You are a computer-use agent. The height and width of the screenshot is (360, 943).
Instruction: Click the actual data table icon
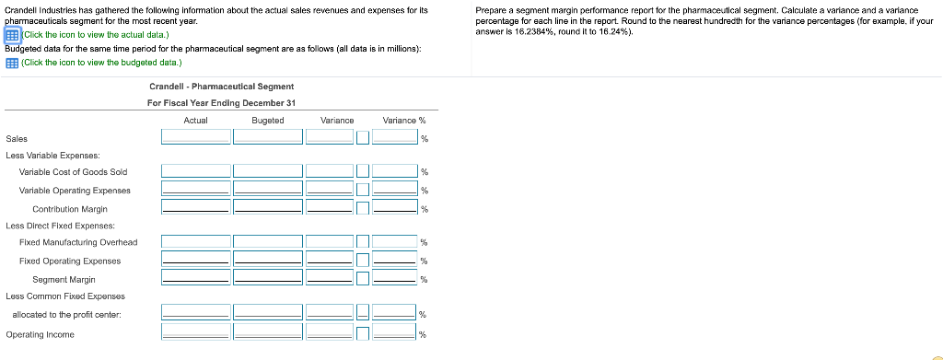(13, 35)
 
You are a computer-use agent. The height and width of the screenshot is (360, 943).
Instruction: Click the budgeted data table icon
(11, 63)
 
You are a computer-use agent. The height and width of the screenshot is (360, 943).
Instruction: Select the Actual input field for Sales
(196, 137)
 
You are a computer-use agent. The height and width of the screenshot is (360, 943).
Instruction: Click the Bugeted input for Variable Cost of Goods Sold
(268, 171)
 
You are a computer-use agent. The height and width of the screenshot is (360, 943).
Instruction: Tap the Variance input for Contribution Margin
(330, 208)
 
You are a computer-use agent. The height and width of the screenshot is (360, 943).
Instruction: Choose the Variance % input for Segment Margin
(394, 278)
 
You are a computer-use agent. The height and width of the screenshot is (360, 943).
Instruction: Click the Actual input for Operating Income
(196, 332)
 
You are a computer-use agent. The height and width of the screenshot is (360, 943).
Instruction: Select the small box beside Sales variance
(362, 138)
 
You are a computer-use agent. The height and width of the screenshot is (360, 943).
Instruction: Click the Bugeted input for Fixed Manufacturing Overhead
(268, 241)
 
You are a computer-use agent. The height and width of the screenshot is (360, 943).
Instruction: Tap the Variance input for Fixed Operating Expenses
(330, 260)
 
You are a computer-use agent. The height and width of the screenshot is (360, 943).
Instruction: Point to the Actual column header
(195, 121)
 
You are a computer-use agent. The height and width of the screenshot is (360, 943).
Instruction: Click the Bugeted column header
(268, 121)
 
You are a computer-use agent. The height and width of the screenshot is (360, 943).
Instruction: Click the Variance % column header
(404, 121)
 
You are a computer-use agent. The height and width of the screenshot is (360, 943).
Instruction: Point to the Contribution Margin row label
(70, 209)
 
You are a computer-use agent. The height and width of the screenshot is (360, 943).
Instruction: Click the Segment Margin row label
(64, 280)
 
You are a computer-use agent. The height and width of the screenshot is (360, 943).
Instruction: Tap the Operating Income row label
(41, 335)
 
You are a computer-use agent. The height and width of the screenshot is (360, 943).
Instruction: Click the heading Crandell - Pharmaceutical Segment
(221, 87)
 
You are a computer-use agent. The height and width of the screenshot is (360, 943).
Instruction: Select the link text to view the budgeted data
(101, 63)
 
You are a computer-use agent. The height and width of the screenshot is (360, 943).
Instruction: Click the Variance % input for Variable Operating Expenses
(394, 190)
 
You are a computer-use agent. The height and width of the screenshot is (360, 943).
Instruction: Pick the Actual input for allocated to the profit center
(196, 312)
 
